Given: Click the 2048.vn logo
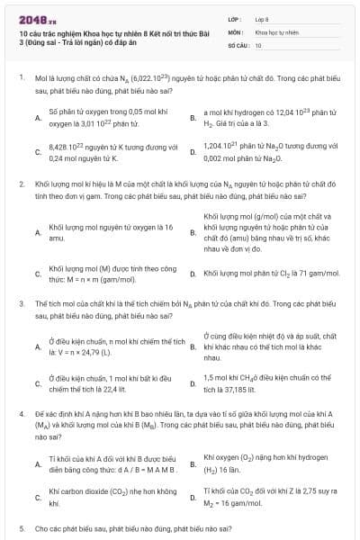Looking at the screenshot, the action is tap(34, 17).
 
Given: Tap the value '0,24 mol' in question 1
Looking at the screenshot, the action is tap(63, 158).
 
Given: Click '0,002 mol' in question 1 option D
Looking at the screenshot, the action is tap(220, 157).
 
